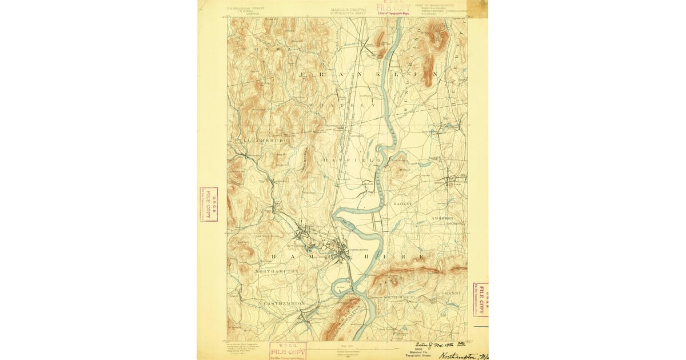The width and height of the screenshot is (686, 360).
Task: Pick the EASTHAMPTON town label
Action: pos(284,303)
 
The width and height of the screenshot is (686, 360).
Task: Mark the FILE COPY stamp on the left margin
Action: pos(208,204)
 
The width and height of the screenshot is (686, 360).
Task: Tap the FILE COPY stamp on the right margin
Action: pos(480,299)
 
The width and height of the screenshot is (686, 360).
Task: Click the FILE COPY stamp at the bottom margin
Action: pos(288,350)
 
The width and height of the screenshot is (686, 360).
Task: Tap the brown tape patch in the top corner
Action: pos(477,9)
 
